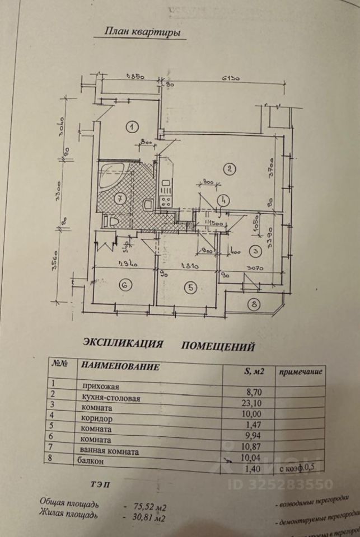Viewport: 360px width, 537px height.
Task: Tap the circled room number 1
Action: pos(131,126)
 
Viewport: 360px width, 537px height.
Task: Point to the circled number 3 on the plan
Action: pos(255,251)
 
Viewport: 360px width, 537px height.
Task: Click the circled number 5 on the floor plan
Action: pos(190,288)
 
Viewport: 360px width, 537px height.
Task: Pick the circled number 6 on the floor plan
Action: pos(125,285)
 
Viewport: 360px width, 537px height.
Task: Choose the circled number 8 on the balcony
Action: pos(254,304)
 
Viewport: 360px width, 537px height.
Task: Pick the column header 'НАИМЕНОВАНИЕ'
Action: pos(120,366)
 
